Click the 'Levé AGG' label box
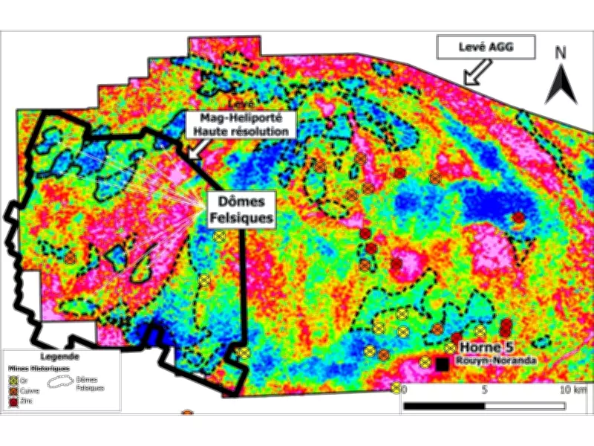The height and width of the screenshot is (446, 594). [486, 48]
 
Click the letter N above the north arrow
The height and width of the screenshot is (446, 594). [561, 53]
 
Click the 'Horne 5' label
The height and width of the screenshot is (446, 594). [486, 346]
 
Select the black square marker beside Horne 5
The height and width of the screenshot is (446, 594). [443, 363]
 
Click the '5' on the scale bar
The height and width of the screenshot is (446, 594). [484, 390]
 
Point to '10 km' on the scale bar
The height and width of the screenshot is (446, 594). [574, 390]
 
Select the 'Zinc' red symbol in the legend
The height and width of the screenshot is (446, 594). [14, 401]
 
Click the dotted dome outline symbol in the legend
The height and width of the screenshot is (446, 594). [60, 381]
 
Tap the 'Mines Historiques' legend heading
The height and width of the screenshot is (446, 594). [39, 368]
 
